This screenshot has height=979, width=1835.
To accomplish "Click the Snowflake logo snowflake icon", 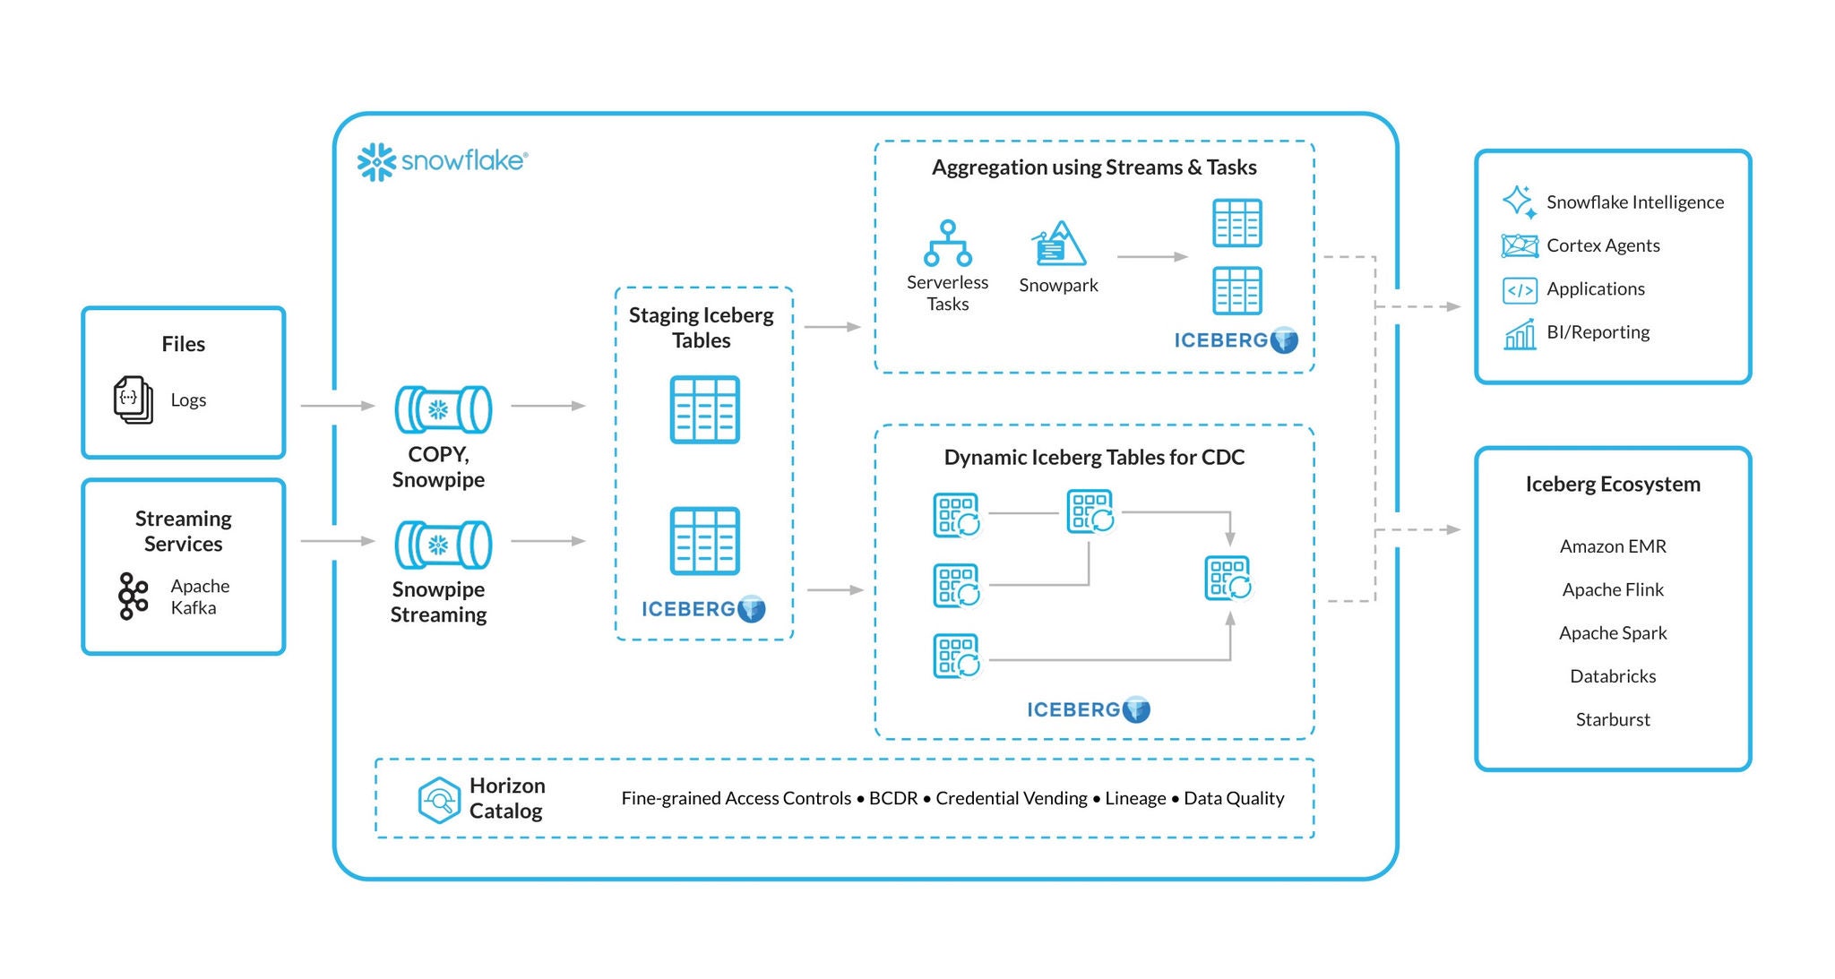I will [x=376, y=162].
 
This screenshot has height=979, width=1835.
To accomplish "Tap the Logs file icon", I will [x=133, y=399].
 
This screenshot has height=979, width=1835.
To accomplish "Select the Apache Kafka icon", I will [x=133, y=597].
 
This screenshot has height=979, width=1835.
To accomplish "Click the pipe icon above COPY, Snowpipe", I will [x=444, y=409].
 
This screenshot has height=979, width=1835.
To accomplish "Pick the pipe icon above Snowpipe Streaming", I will [x=444, y=545].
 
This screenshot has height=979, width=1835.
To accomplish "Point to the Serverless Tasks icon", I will [x=947, y=244].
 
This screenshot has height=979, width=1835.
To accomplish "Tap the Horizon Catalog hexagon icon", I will [x=439, y=799].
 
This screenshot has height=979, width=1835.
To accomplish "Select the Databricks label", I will [x=1612, y=676].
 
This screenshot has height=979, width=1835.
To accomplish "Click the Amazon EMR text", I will [x=1612, y=546].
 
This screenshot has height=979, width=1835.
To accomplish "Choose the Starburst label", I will [x=1612, y=719].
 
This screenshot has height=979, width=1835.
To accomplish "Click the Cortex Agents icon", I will [x=1520, y=245].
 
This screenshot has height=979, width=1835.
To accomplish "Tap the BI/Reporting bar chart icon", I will [x=1520, y=334].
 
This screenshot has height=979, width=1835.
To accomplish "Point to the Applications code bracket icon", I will [x=1520, y=290].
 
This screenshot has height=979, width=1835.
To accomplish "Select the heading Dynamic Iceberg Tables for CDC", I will [x=1094, y=458].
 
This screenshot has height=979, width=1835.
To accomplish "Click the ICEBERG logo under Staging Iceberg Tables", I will [x=703, y=609].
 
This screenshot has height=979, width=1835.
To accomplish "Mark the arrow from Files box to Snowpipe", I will [x=337, y=406].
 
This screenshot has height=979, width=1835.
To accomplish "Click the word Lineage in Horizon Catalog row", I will [x=1135, y=798].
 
